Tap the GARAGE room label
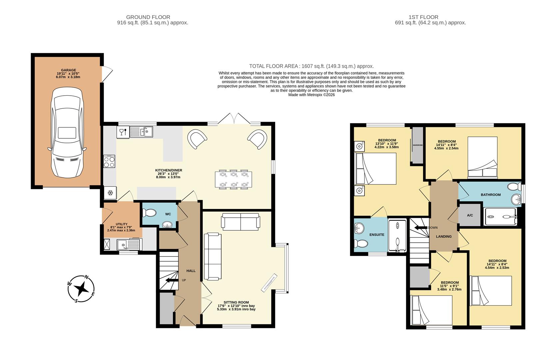(68, 70)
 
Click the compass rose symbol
(81, 289)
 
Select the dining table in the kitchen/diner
(234, 180)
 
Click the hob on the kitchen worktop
(110, 162)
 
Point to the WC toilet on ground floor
(149, 213)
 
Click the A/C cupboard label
(470, 215)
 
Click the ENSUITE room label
(377, 235)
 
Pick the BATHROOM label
(490, 195)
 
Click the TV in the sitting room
(270, 282)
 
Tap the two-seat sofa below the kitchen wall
(241, 222)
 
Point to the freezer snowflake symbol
(110, 193)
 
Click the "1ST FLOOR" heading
(423, 17)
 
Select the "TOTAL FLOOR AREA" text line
(311, 66)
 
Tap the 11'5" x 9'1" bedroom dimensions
(449, 286)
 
